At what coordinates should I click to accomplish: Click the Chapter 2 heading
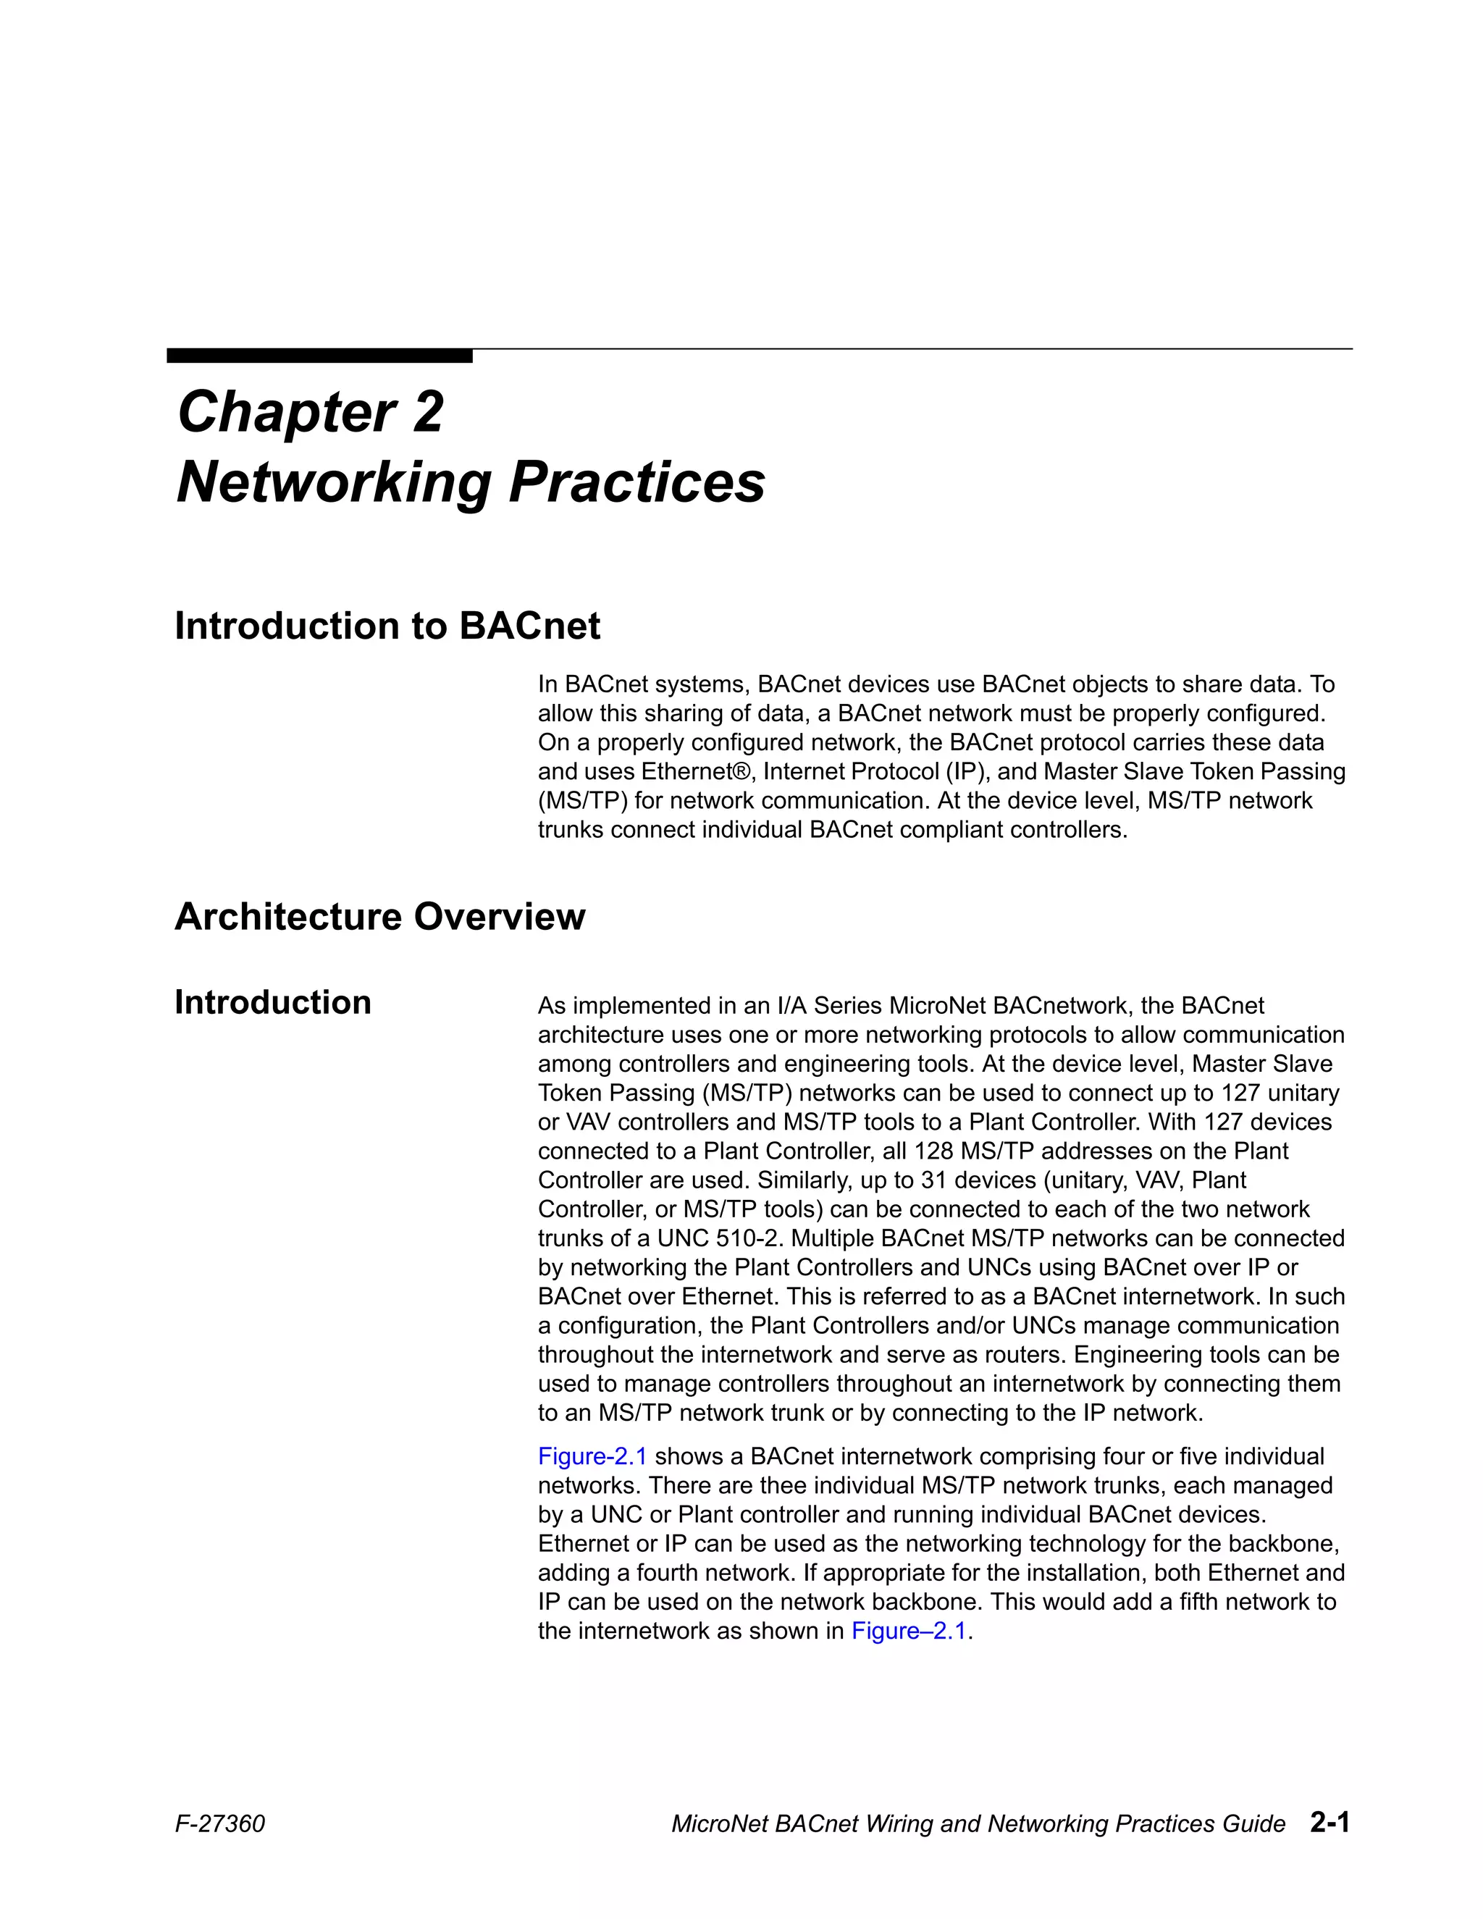click(310, 411)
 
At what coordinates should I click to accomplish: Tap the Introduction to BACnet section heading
click(387, 626)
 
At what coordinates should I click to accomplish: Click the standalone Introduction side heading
click(272, 1002)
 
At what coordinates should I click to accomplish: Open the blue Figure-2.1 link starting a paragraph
click(592, 1456)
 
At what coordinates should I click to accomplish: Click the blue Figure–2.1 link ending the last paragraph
click(909, 1631)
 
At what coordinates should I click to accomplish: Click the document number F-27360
click(219, 1824)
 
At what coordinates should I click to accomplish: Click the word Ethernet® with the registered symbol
click(697, 771)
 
